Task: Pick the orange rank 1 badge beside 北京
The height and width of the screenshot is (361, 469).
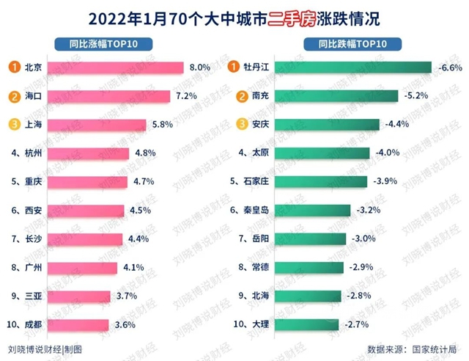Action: [x=13, y=68]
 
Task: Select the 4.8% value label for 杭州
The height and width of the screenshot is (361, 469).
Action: [x=144, y=153]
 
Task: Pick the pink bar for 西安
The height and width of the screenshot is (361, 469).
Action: [x=85, y=211]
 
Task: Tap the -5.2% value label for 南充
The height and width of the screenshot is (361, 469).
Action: [x=414, y=96]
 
